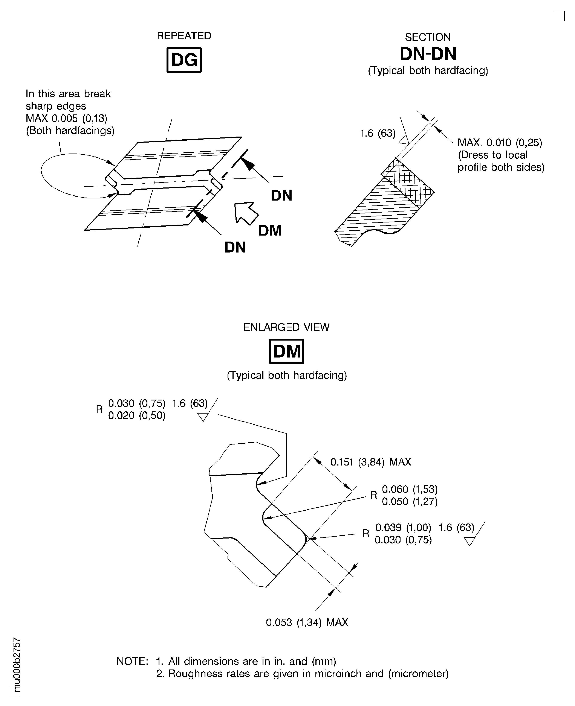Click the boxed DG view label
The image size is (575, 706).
(x=184, y=60)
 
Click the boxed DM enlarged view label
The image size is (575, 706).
(x=286, y=351)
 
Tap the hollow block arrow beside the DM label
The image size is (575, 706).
(x=245, y=213)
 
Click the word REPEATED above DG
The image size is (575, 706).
(x=184, y=36)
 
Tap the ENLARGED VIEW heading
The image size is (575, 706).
(x=286, y=327)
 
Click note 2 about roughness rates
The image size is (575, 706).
(x=302, y=674)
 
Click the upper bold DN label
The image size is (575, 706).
(x=281, y=196)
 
